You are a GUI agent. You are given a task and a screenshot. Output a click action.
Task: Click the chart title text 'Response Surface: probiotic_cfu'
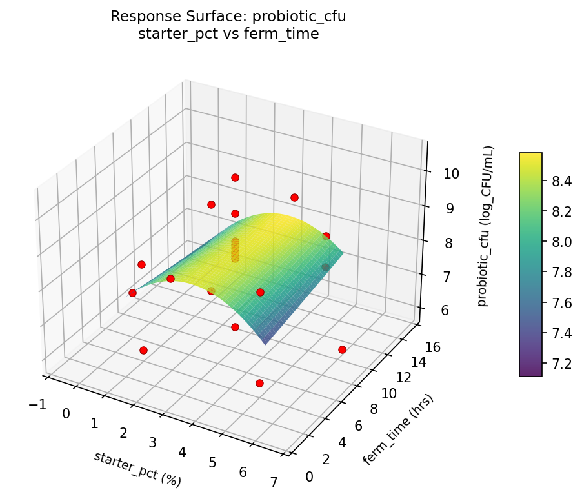tap(228, 17)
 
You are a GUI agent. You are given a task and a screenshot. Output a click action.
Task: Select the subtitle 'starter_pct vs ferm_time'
tap(228, 34)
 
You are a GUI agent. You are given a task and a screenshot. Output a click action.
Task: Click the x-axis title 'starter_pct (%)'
tap(137, 469)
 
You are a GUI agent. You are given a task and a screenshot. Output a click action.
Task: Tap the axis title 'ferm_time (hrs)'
tap(398, 429)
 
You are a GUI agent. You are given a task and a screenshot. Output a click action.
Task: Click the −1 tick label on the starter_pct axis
tap(37, 404)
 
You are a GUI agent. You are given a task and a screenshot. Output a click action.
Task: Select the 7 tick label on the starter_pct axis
tap(274, 482)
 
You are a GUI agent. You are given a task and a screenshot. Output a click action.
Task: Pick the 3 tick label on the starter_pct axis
tap(153, 442)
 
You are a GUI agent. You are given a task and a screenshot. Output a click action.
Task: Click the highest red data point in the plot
tap(235, 177)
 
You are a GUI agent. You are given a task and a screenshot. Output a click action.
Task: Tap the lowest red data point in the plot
tap(259, 383)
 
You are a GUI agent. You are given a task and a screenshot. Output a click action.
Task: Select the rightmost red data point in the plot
tap(342, 349)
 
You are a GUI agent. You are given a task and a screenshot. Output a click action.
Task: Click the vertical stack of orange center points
tap(235, 250)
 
